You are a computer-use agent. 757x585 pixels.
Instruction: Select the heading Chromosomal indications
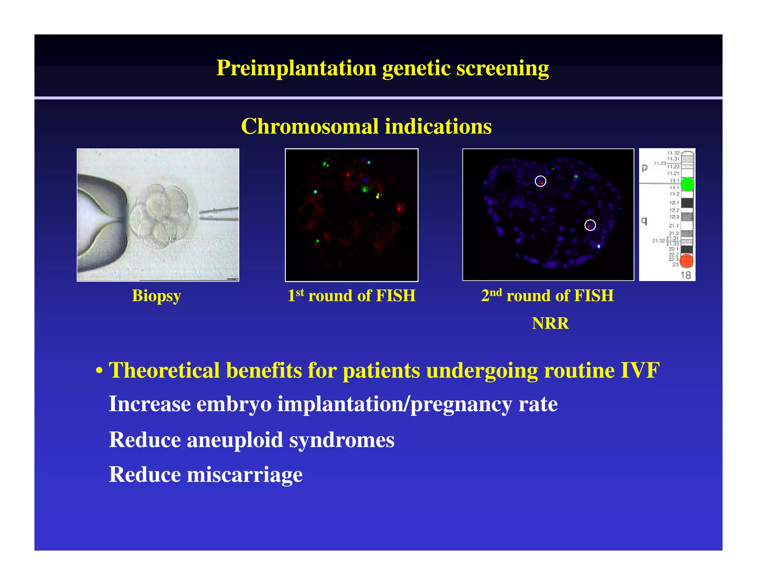pyautogui.click(x=366, y=126)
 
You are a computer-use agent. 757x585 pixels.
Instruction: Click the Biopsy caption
pyautogui.click(x=156, y=296)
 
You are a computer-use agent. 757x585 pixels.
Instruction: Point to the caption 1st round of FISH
pyautogui.click(x=352, y=296)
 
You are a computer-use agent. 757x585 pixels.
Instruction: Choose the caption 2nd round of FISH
pyautogui.click(x=547, y=296)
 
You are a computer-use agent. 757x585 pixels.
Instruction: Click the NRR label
pyautogui.click(x=550, y=324)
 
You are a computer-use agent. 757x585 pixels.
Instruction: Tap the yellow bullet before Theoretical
pyautogui.click(x=99, y=371)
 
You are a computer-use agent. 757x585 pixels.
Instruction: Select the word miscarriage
pyautogui.click(x=245, y=474)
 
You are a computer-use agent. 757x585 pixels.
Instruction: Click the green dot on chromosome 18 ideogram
pyautogui.click(x=687, y=184)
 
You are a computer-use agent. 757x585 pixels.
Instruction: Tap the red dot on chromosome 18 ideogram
pyautogui.click(x=686, y=261)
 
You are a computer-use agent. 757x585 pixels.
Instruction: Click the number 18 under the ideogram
pyautogui.click(x=685, y=275)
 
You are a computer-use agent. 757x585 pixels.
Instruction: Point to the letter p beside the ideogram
pyautogui.click(x=645, y=168)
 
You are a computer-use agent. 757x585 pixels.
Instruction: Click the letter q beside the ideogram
pyautogui.click(x=644, y=221)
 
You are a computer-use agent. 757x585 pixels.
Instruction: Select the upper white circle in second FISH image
pyautogui.click(x=540, y=181)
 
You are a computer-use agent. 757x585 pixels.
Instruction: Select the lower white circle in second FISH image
pyautogui.click(x=590, y=225)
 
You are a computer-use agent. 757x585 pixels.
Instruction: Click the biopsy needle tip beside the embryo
pyautogui.click(x=201, y=214)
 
